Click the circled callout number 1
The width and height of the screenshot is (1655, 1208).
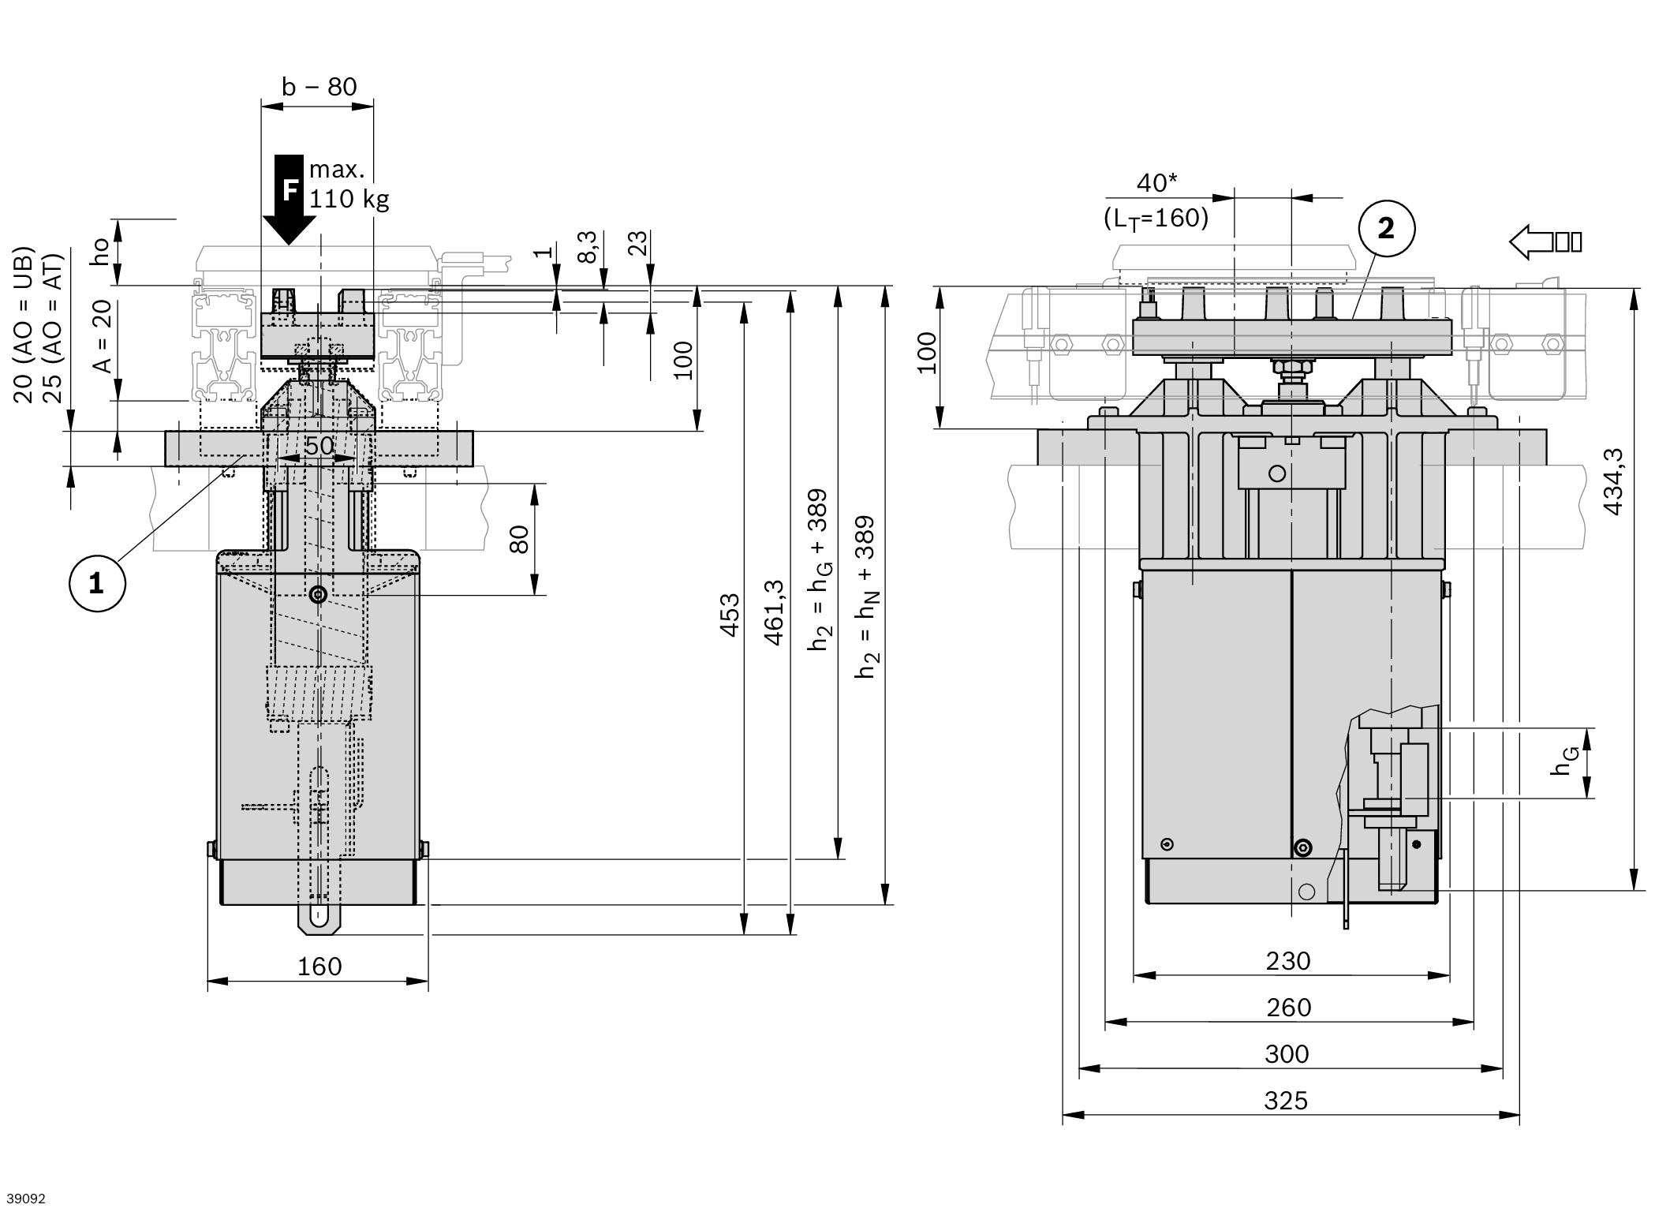[97, 584]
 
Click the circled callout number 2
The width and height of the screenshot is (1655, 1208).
[1386, 229]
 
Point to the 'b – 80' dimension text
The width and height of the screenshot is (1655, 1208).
[319, 87]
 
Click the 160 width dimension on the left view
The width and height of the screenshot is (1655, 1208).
[319, 966]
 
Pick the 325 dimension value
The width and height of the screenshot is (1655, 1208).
[1286, 1100]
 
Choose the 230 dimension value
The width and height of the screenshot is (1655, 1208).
[1288, 960]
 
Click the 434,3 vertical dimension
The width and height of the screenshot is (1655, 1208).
[1613, 481]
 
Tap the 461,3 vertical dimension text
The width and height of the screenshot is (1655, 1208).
[775, 611]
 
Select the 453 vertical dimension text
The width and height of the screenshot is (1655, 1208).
[730, 615]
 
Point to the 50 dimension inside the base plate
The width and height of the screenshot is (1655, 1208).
[319, 446]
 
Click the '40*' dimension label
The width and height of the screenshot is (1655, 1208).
[1156, 183]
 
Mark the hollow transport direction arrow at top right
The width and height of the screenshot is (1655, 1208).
[1545, 241]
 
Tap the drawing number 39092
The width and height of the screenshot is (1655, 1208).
[24, 1199]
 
